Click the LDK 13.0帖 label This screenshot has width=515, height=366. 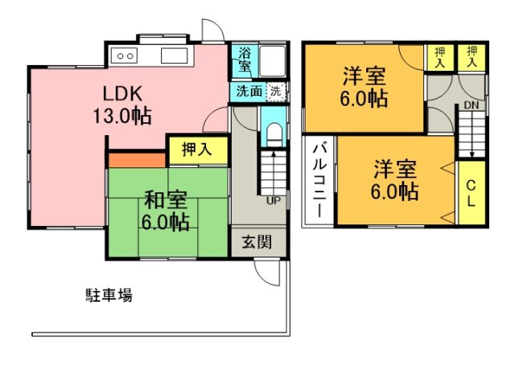point(122,104)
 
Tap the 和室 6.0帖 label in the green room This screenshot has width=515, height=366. point(167,209)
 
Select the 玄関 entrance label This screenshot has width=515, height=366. point(251,241)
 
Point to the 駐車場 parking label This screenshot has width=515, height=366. point(109,295)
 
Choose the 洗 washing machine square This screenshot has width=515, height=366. point(276,91)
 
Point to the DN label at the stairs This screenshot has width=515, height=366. point(471,105)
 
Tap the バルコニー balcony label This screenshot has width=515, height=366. point(318,180)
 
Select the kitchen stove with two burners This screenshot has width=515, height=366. point(126,56)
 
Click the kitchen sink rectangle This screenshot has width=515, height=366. point(174,56)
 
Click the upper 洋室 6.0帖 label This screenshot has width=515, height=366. point(365,88)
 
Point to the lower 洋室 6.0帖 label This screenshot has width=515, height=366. point(394,182)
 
